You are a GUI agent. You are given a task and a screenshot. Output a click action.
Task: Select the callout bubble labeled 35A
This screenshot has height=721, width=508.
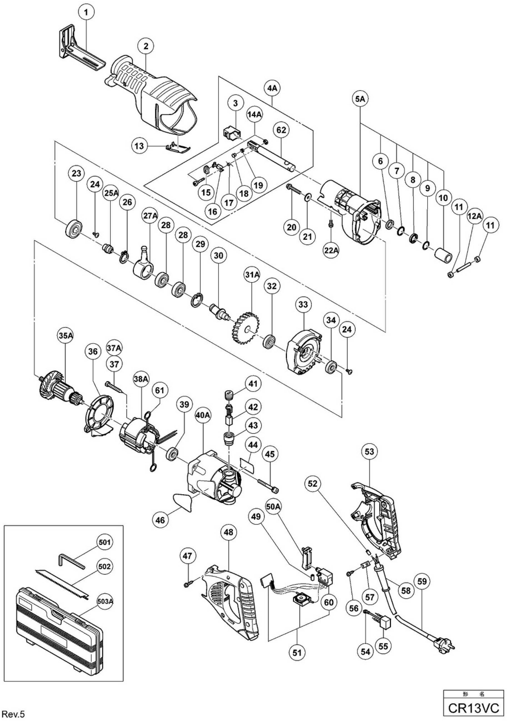[66, 335]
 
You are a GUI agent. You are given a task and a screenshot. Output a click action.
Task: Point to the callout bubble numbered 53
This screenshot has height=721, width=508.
[369, 452]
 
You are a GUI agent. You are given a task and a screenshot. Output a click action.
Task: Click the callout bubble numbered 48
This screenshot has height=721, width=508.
[229, 532]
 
